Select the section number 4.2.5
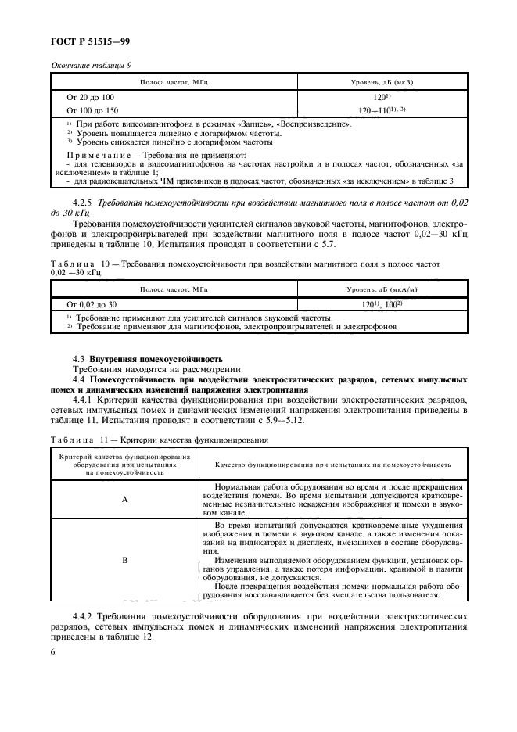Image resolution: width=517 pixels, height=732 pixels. pyautogui.click(x=85, y=203)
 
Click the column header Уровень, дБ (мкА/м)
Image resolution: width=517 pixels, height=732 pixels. pyautogui.click(x=382, y=289)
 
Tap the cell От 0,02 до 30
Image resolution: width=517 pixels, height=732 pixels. pyautogui.click(x=92, y=303)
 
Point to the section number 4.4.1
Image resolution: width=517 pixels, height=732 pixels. pyautogui.click(x=85, y=398)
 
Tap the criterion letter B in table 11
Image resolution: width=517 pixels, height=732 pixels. pyautogui.click(x=124, y=561)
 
